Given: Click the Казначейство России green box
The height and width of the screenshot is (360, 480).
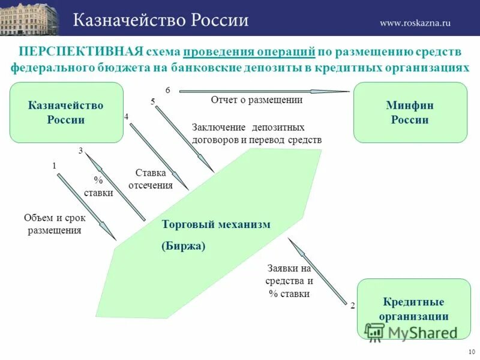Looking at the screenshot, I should point(66,112).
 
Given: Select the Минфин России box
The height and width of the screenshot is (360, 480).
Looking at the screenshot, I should point(410,112).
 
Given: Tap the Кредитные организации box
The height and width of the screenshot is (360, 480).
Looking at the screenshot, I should point(413,309).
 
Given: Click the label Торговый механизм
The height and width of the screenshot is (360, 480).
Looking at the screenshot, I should point(216,224).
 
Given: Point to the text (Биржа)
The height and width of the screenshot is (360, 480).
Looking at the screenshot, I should point(184,246).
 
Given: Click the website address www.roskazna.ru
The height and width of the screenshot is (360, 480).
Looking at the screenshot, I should point(415,23).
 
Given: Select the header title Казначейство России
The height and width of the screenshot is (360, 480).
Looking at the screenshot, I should point(161,20).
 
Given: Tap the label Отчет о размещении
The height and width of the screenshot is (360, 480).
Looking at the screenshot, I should point(256,100).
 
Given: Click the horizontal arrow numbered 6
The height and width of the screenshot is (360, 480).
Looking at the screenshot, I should point(264,91).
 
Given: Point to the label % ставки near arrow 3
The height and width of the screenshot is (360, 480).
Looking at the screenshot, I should point(98,187).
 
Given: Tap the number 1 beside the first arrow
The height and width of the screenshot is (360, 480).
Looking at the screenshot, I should point(54,164).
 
